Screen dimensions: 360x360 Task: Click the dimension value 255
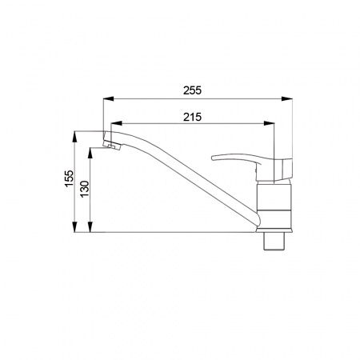point(192,90)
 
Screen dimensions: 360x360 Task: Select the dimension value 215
point(192,117)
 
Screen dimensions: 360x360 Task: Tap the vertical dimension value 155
point(70,178)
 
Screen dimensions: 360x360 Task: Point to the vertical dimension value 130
point(85,189)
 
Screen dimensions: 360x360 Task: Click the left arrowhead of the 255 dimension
point(109,98)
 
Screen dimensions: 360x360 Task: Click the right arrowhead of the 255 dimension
point(287,98)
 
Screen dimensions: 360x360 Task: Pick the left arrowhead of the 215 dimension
point(116,123)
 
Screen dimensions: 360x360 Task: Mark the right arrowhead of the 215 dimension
point(269,123)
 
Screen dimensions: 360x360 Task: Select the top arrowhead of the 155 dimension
point(75,136)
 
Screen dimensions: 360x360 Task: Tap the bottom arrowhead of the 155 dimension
point(75,227)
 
